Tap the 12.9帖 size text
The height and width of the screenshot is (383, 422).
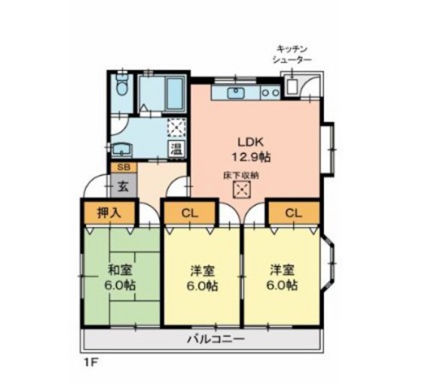click(x=254, y=157)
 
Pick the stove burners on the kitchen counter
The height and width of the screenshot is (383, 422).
click(x=271, y=93)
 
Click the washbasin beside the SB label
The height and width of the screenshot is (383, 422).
click(x=121, y=147)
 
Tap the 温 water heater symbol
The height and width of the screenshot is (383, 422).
click(x=176, y=148)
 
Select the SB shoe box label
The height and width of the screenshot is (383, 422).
click(x=121, y=167)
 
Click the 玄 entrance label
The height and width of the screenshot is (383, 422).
click(x=121, y=184)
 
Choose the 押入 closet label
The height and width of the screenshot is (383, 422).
click(x=109, y=213)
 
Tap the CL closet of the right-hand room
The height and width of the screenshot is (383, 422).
click(x=292, y=213)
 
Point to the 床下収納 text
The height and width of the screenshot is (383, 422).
click(x=241, y=176)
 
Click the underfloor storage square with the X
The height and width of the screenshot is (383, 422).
click(x=241, y=190)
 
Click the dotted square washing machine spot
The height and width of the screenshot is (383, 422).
click(x=176, y=127)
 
